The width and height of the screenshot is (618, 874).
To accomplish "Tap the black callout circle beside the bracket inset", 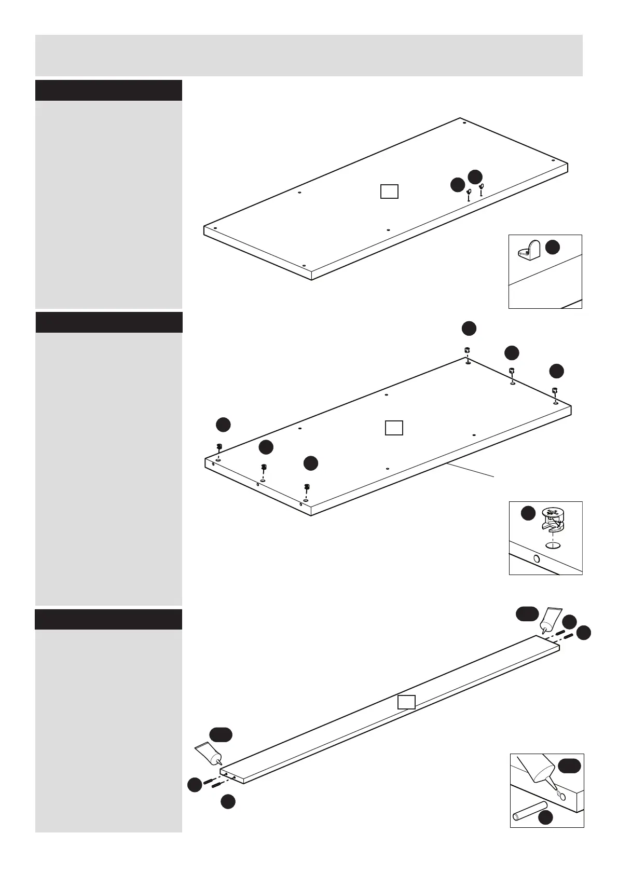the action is point(553,248).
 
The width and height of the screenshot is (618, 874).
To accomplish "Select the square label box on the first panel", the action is point(389,192).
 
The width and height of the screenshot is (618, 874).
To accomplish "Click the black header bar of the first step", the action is point(108,90).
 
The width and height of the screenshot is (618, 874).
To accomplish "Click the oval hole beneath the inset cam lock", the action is point(554,545).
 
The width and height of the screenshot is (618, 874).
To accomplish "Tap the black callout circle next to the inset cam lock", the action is point(528,513).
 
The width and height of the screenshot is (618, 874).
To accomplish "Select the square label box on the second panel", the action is point(394,428).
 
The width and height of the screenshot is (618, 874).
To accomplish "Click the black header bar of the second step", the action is point(109,322).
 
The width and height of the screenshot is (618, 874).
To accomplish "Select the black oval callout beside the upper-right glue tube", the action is point(527,614).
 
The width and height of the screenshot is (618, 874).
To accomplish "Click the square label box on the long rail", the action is point(406,702).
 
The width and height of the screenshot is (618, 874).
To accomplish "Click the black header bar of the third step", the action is point(108,619).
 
